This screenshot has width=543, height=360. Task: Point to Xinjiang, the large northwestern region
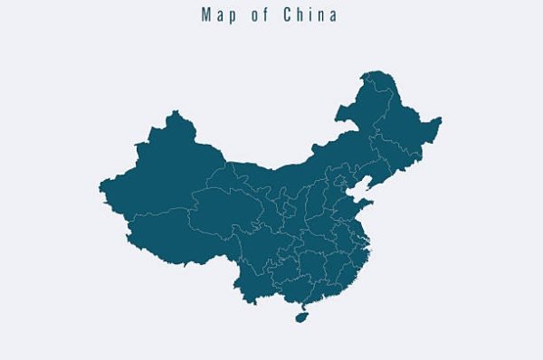click(167, 172)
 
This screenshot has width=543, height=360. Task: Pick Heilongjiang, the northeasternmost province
click(398, 118)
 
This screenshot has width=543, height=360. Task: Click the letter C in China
click(285, 15)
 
